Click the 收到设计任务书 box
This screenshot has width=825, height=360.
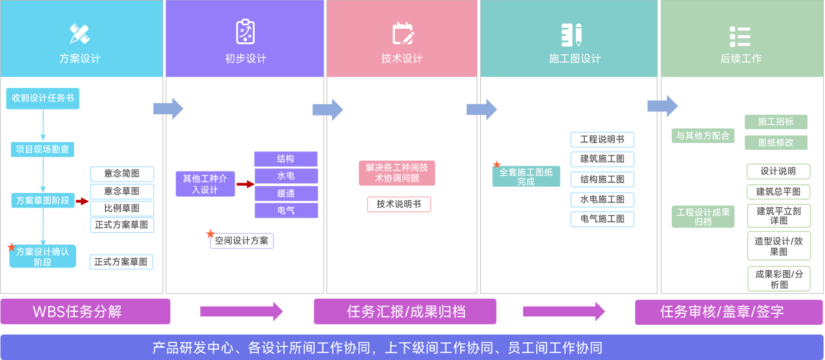point(42,98)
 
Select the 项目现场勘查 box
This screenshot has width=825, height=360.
point(42,149)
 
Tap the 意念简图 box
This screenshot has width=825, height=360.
point(122,174)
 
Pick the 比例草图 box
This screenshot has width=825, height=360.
point(122,209)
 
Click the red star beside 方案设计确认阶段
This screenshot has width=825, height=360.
point(12,247)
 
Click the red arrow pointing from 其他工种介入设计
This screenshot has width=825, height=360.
point(245,184)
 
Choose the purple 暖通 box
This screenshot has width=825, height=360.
point(286,193)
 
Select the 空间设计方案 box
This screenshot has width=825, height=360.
point(242,240)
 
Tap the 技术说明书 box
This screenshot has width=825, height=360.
point(399,204)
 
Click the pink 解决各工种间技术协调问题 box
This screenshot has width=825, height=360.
point(397,173)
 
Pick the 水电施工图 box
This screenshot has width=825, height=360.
point(602,200)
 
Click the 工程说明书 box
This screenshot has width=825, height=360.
point(602,140)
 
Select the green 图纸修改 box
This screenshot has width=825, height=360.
point(775,143)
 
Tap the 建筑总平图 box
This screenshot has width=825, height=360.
point(778,191)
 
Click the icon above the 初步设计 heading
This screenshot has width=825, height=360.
point(245,32)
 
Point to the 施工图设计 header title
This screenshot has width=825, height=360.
point(575,59)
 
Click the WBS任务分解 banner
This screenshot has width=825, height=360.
point(85,312)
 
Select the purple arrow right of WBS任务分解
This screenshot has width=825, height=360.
point(242,312)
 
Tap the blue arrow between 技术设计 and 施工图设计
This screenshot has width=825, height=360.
point(481,110)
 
